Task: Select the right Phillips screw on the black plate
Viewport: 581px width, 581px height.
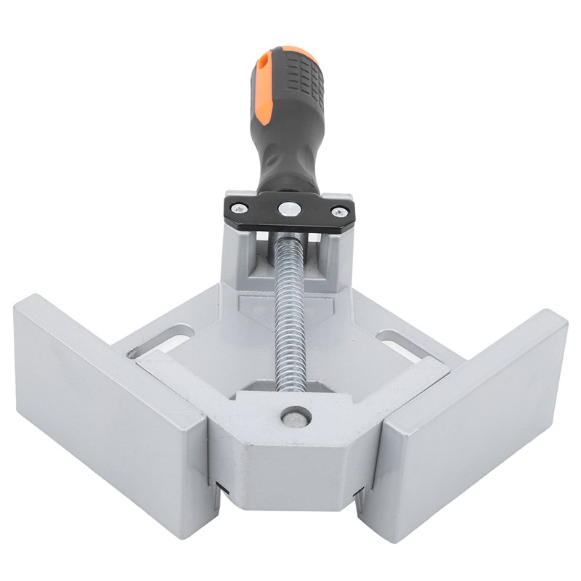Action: tap(338, 211)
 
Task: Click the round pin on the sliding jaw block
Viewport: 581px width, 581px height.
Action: tap(296, 416)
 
